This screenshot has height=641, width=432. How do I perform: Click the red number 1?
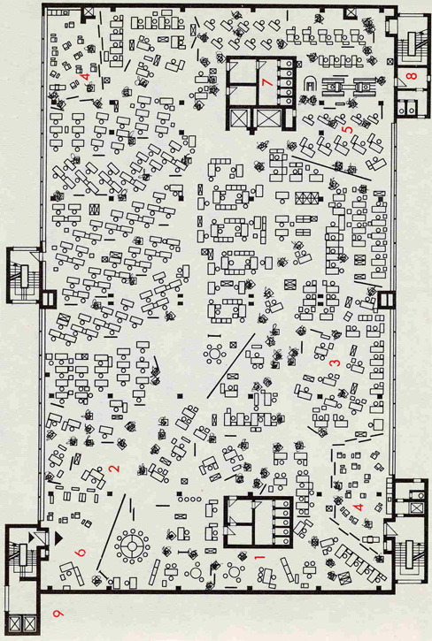(x=258, y=557)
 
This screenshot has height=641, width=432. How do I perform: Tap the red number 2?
(x=115, y=468)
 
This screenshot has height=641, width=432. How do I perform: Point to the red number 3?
(x=335, y=362)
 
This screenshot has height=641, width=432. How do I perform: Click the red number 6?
(x=81, y=553)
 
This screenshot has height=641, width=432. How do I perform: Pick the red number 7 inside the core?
(x=267, y=81)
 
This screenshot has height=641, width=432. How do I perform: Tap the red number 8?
(x=412, y=76)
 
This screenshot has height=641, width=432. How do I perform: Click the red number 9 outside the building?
(x=59, y=613)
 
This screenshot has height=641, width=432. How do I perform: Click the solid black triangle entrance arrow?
(x=58, y=538)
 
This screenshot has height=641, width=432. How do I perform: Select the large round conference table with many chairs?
(x=132, y=546)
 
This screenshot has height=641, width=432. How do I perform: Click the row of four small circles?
(x=189, y=500)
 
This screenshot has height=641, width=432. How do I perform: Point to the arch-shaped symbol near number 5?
(x=311, y=84)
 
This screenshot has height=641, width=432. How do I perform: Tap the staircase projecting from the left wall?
(x=24, y=275)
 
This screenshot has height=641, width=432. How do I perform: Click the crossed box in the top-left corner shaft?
(x=89, y=11)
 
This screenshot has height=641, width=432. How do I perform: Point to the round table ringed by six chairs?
(x=214, y=353)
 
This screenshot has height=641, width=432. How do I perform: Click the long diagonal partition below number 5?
(x=331, y=167)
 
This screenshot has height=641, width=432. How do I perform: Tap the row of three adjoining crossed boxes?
(x=307, y=198)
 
